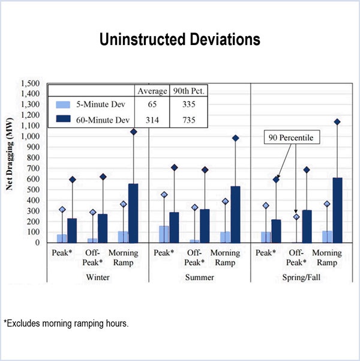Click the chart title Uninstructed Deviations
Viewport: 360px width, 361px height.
pos(180,40)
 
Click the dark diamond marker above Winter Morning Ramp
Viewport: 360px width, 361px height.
pos(133,132)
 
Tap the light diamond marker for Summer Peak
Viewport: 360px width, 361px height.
pos(164,195)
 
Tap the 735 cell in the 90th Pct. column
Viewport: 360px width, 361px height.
pos(187,120)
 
